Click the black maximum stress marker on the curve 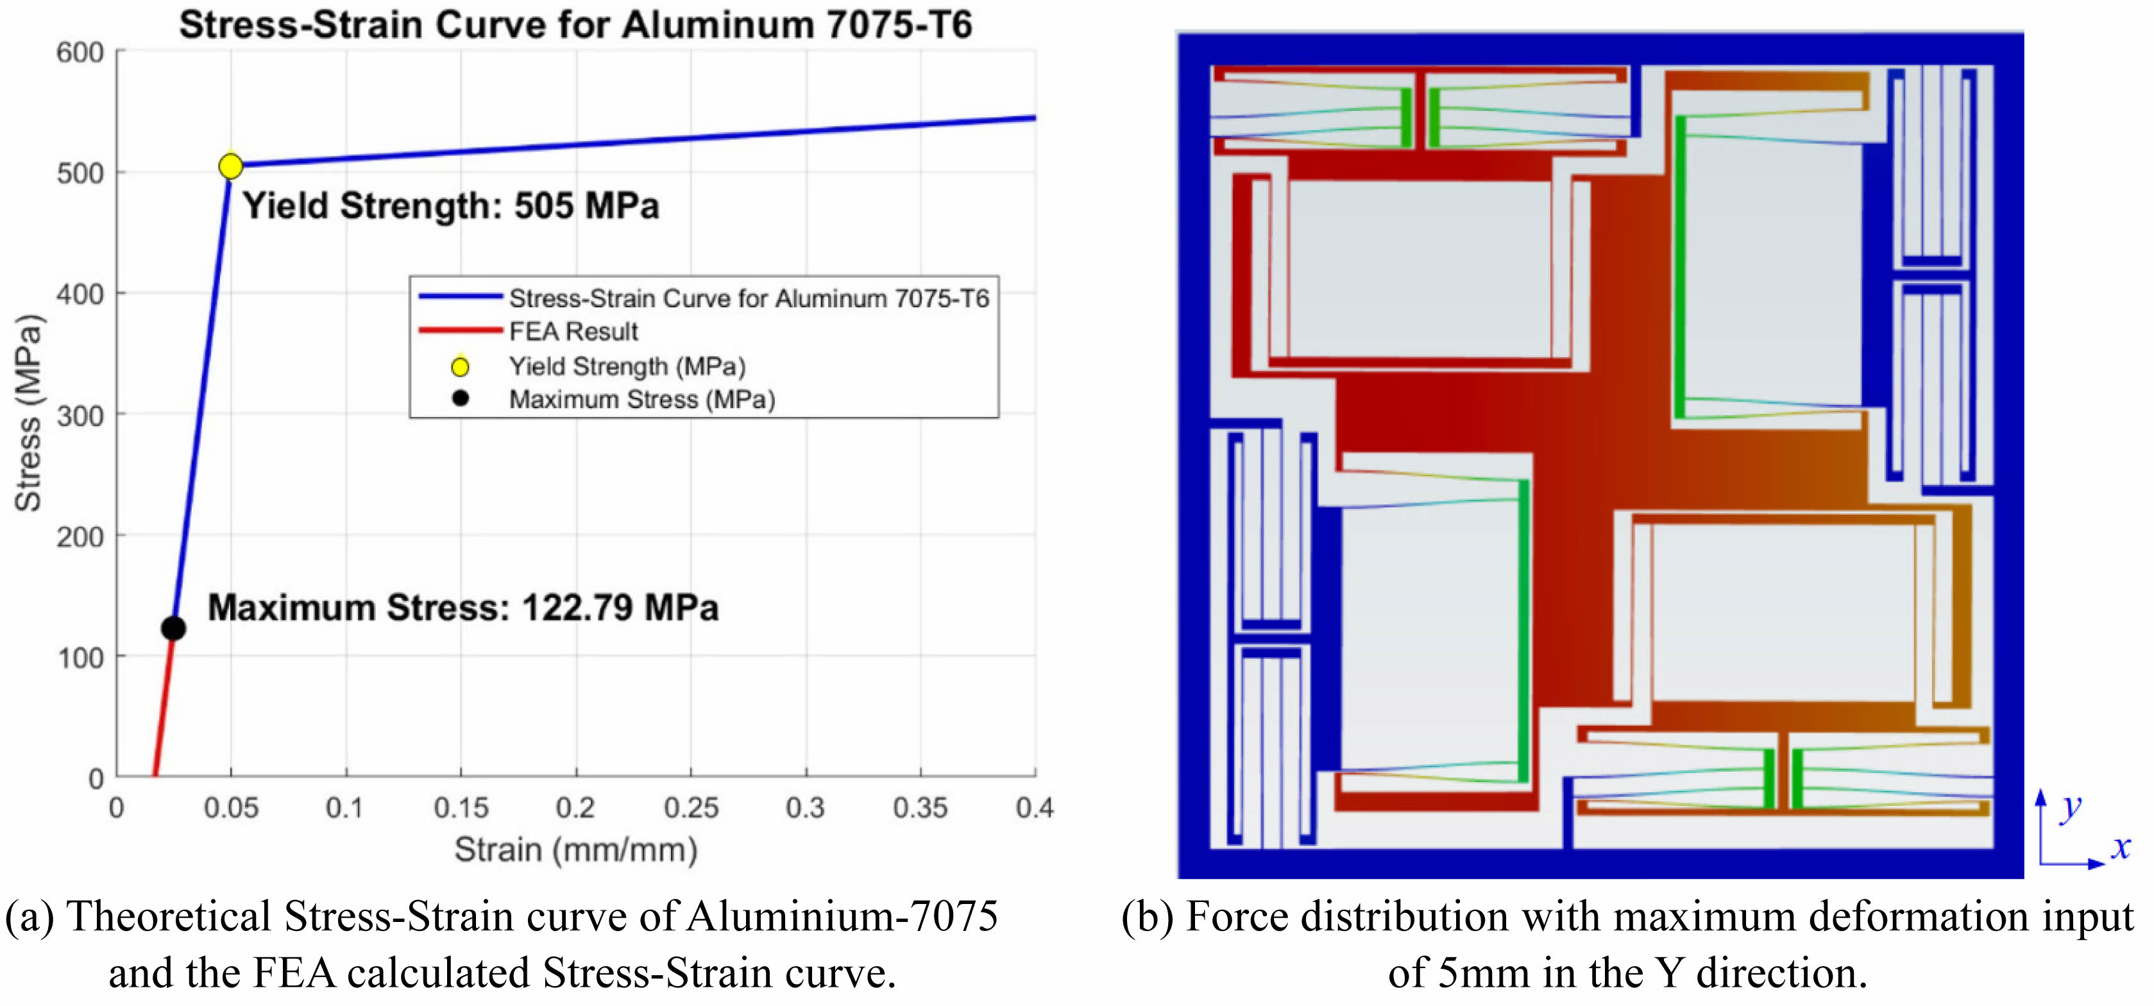tap(173, 628)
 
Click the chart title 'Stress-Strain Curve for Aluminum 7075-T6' tap(575, 24)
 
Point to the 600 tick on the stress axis tap(80, 52)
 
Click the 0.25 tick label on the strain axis tap(691, 808)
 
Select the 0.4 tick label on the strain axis tap(1035, 808)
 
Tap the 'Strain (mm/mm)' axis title tap(576, 849)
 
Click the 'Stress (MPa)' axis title tap(28, 413)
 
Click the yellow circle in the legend tap(460, 366)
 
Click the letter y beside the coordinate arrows tap(2071, 807)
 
